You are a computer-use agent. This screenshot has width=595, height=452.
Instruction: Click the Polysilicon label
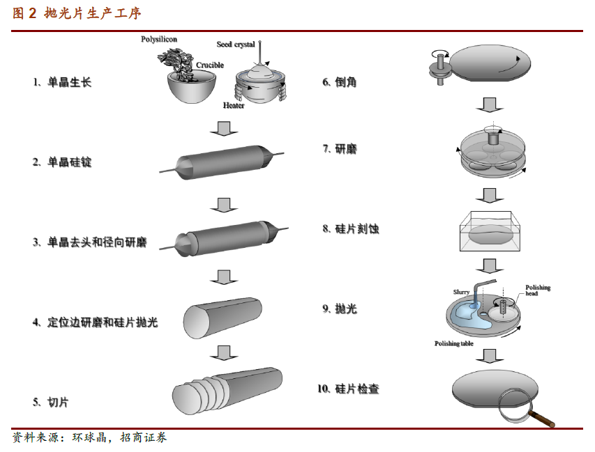[x=158, y=40]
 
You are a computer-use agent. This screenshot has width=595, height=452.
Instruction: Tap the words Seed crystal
[x=236, y=45]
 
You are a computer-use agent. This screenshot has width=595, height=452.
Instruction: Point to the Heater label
[x=234, y=105]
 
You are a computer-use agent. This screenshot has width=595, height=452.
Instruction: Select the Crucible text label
[x=210, y=65]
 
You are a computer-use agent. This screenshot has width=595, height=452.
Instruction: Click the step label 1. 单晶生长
[x=62, y=82]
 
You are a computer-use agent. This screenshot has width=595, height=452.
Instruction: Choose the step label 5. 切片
[x=50, y=402]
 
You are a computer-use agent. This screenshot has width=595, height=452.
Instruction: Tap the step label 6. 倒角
[x=339, y=82]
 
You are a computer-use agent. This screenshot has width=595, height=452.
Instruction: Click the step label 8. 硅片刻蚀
[x=351, y=229]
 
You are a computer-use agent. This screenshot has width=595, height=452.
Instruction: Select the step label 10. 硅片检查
[x=348, y=389]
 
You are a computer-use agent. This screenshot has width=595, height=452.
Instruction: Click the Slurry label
[x=461, y=292]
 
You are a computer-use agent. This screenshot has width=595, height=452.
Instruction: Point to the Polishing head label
[x=538, y=290]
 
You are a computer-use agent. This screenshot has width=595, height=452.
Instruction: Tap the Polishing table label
[x=454, y=343]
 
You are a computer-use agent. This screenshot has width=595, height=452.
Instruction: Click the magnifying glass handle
[x=542, y=419]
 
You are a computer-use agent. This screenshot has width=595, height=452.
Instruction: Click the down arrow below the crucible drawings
[x=224, y=128]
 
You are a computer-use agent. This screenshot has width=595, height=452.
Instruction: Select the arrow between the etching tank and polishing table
[x=490, y=266]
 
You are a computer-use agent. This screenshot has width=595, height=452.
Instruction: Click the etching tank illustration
[x=490, y=231]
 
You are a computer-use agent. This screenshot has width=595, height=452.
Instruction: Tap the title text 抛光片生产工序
[x=93, y=13]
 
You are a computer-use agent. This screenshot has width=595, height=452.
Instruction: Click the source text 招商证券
[x=144, y=437]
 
